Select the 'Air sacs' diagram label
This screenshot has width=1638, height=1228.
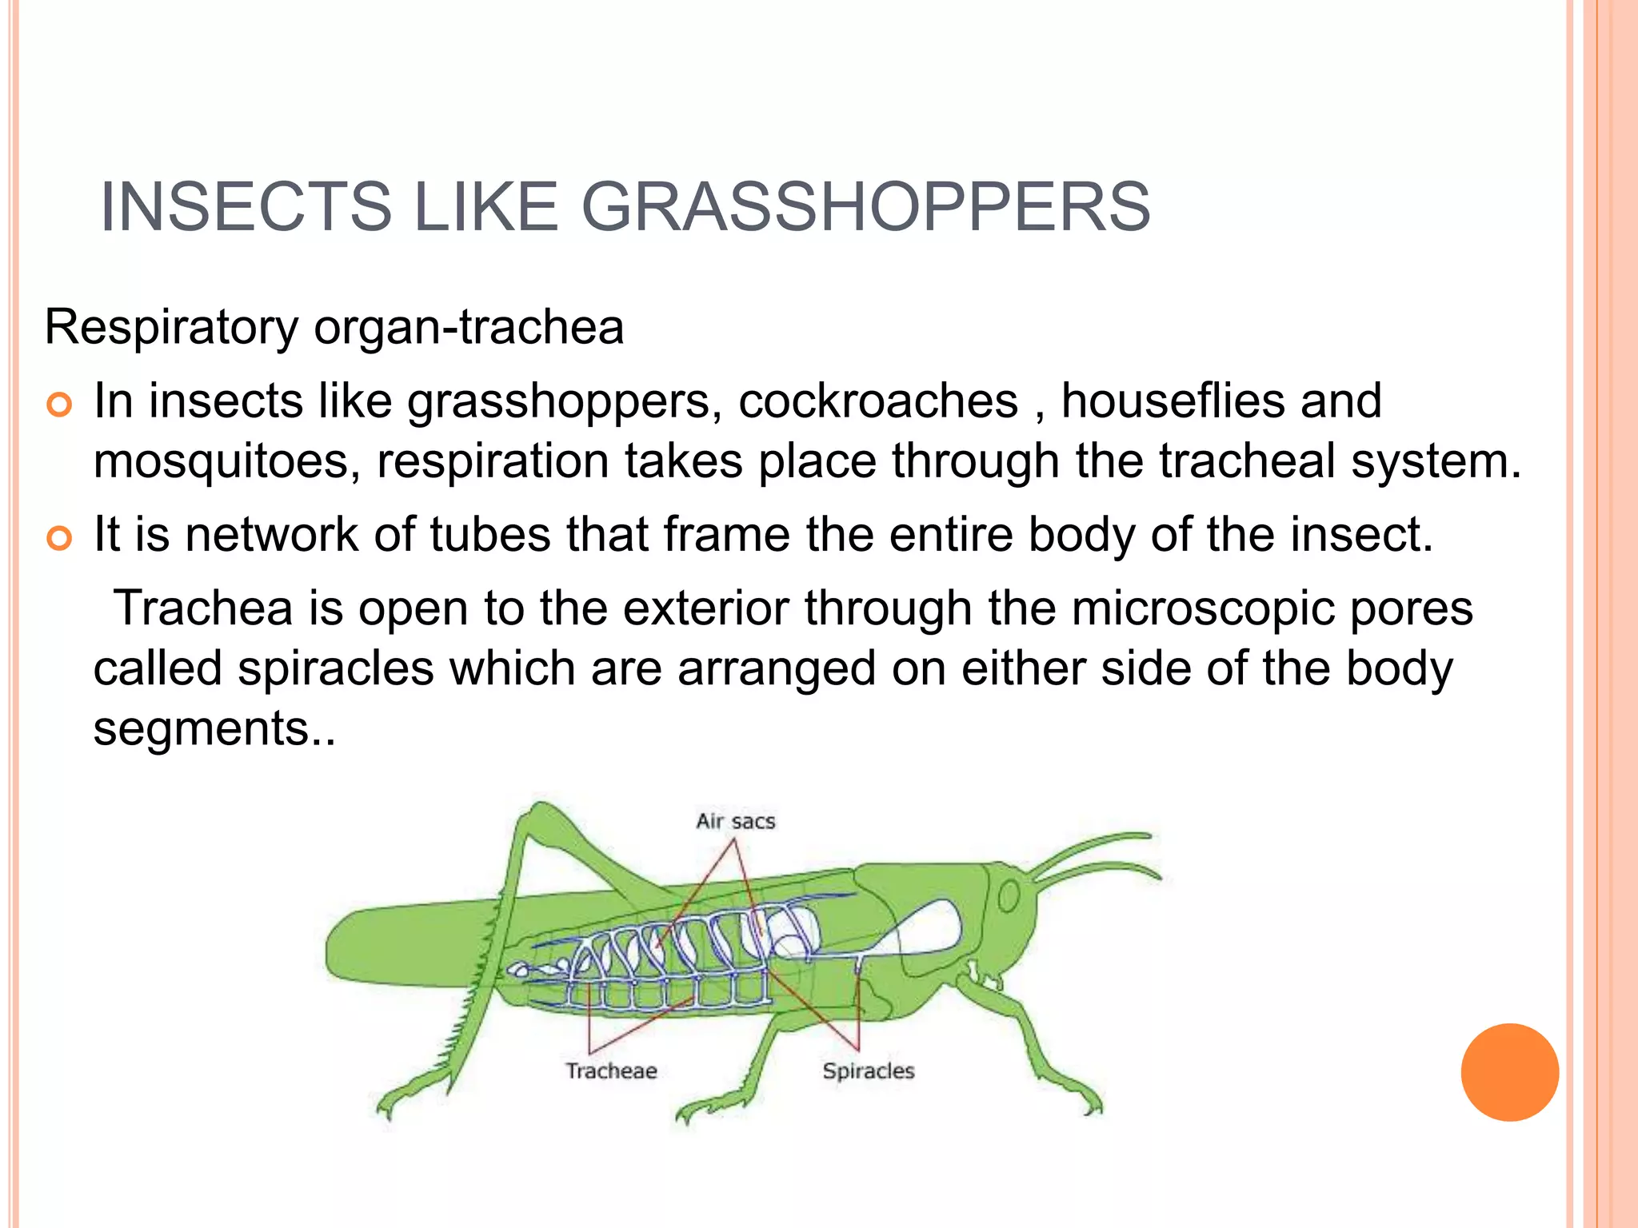[x=735, y=821]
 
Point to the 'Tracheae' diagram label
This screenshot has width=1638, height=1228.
[x=611, y=1071]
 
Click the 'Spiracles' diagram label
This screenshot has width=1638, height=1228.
[x=868, y=1071]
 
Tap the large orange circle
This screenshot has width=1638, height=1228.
[x=1509, y=1072]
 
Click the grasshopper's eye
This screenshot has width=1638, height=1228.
[x=1009, y=896]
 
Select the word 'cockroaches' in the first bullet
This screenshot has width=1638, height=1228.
[x=877, y=401]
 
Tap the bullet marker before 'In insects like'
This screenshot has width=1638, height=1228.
[x=59, y=405]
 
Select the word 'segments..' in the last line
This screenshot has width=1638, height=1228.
[x=214, y=728]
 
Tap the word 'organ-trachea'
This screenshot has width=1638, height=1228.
[x=469, y=327]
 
